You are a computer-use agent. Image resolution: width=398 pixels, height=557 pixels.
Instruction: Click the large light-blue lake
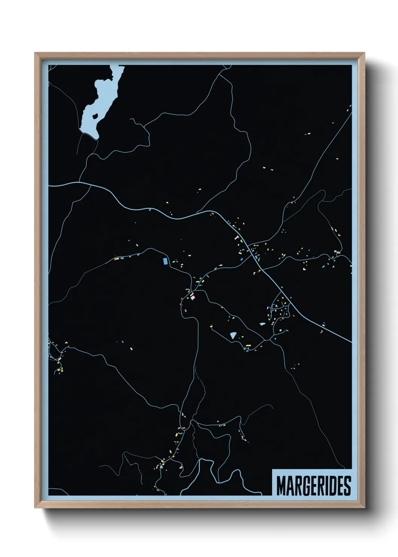pyautogui.click(x=90, y=113)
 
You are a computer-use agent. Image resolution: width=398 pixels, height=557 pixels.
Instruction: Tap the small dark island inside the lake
pyautogui.click(x=95, y=115)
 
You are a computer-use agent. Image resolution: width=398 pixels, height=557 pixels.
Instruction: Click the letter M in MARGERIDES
pyautogui.click(x=281, y=486)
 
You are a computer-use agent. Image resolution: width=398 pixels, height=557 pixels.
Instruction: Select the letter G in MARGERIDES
pyautogui.click(x=306, y=486)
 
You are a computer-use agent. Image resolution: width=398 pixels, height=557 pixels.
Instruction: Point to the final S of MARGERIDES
pyautogui.click(x=347, y=486)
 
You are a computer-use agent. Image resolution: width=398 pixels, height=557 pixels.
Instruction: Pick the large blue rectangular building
pyautogui.click(x=165, y=261)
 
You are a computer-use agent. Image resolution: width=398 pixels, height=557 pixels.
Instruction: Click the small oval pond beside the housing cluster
pyautogui.click(x=262, y=324)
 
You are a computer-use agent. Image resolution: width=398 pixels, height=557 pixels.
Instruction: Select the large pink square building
pyautogui.click(x=193, y=297)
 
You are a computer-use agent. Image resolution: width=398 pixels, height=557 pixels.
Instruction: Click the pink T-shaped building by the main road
pyautogui.click(x=237, y=237)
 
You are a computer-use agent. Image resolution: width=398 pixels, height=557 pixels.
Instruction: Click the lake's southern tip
pyautogui.click(x=97, y=138)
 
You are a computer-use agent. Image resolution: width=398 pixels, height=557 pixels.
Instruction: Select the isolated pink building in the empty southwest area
pyautogui.click(x=131, y=349)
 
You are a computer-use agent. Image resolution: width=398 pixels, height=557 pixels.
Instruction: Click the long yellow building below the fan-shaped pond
pyautogui.click(x=248, y=345)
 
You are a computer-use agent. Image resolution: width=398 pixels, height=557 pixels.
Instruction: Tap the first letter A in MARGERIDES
pyautogui.click(x=289, y=486)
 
